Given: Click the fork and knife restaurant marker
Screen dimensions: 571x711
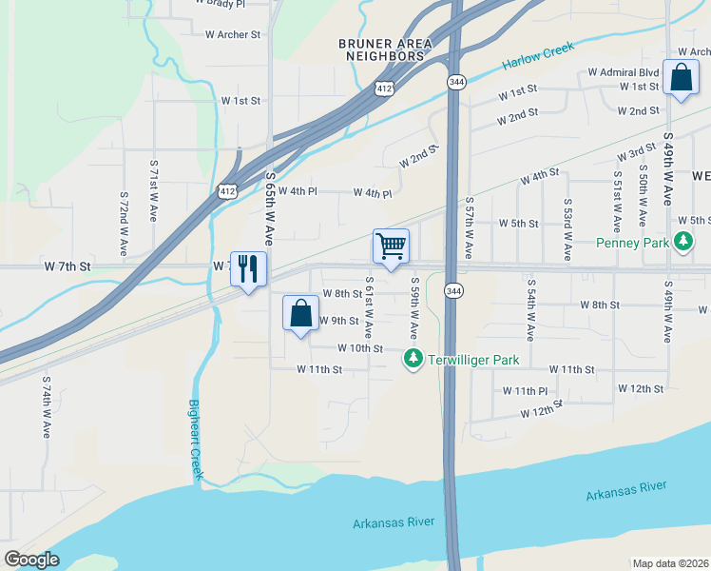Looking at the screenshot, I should coord(248,269).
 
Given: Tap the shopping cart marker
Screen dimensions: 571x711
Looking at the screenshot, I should coord(391,247).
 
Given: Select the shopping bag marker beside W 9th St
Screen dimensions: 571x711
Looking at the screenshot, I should coord(300,313).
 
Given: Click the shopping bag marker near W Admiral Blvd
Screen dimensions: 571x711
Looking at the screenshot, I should coord(682,78).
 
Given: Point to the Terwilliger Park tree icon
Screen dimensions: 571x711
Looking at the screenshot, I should coord(413,359).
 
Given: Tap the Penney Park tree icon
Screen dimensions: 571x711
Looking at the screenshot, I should coord(683,243).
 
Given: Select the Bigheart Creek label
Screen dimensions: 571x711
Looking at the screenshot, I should coord(195,437).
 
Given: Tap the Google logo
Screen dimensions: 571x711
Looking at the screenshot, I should coord(32,560).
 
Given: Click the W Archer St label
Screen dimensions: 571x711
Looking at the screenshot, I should coord(233,34).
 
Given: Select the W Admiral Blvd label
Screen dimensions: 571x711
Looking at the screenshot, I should coord(624,72).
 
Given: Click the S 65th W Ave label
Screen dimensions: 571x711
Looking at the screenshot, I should coord(270,209).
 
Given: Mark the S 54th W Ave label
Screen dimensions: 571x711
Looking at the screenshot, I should coord(530,309).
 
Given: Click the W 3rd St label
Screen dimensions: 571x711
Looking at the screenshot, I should coord(636,152).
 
